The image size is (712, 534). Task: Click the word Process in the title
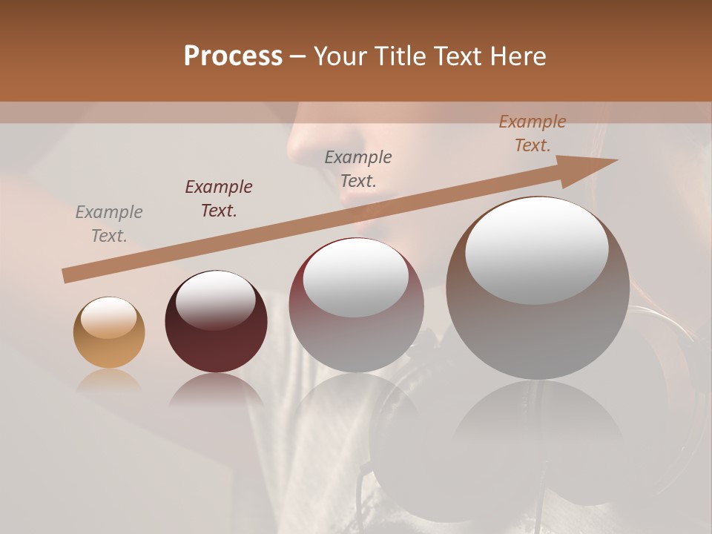tap(233, 56)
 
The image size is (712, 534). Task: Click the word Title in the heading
tap(399, 56)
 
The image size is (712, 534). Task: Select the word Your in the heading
tap(338, 56)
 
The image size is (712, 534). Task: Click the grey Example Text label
tap(109, 224)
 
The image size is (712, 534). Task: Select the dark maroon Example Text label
tap(219, 199)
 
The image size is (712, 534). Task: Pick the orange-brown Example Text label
tap(533, 133)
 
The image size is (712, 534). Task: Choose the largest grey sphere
tap(537, 311)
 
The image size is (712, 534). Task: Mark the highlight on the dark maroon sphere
tap(215, 301)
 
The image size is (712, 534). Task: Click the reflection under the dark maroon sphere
tap(216, 389)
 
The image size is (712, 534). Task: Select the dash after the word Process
tap(298, 56)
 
